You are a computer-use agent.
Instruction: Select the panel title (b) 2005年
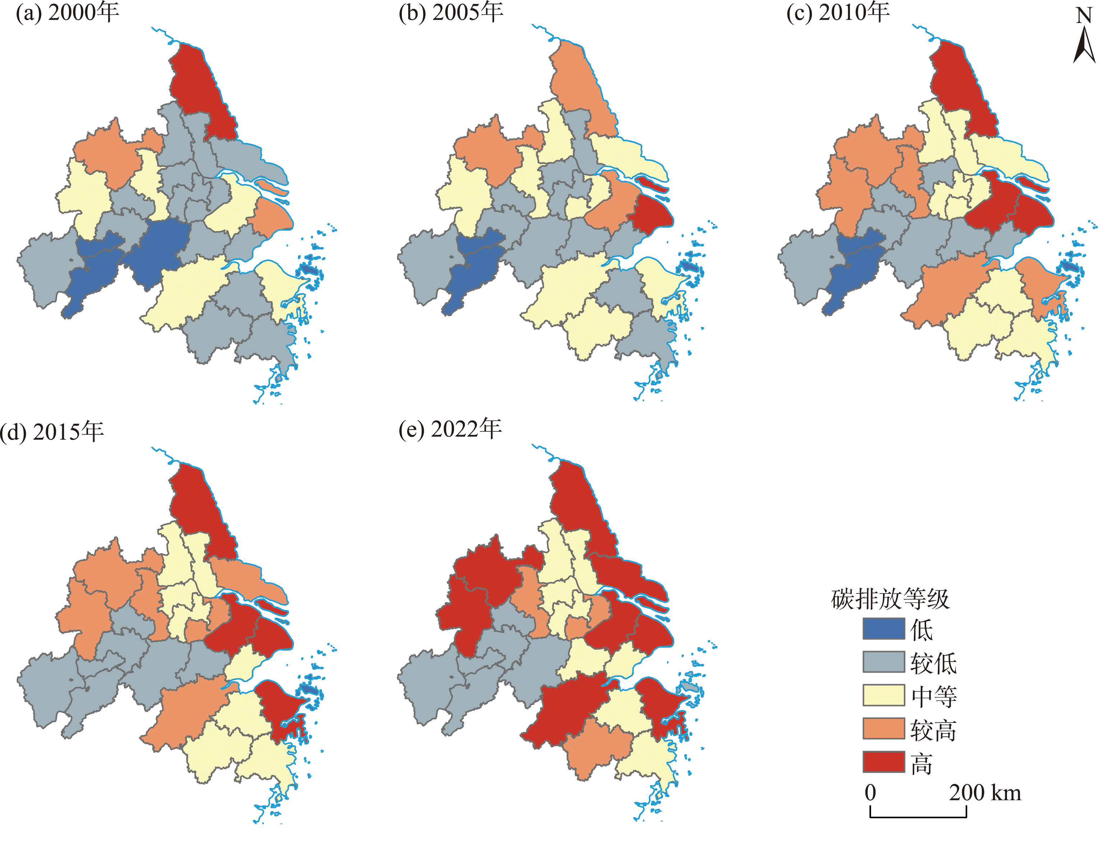[451, 12]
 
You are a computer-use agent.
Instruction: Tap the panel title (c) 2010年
[837, 12]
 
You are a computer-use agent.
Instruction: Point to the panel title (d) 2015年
[52, 432]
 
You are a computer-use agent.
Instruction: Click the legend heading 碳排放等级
[890, 599]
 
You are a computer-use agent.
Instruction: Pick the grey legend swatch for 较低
[883, 662]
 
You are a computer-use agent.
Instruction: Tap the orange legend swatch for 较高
[883, 729]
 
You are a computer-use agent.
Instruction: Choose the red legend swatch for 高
[883, 762]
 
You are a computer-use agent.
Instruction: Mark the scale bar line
[918, 816]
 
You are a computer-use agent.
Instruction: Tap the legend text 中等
[933, 696]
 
